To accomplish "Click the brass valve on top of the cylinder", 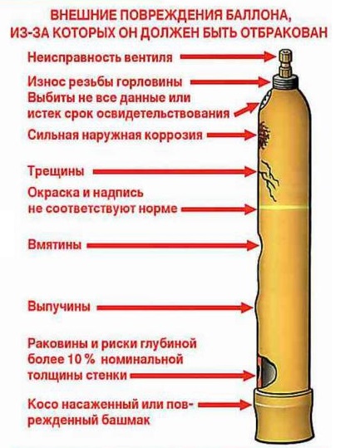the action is click(285, 63).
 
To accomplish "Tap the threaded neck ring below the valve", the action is click(285, 81).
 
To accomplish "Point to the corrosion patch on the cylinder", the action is click(264, 135).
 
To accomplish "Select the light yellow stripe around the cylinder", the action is click(284, 208).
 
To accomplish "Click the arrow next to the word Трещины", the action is click(175, 172).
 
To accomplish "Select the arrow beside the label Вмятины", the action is click(172, 245).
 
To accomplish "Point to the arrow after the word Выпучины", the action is click(175, 308).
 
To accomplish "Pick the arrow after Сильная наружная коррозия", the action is click(231, 135).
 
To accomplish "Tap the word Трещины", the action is click(56, 172).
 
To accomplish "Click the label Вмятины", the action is click(54, 245).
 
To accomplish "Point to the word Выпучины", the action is click(59, 308).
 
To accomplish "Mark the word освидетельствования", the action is click(164, 114).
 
